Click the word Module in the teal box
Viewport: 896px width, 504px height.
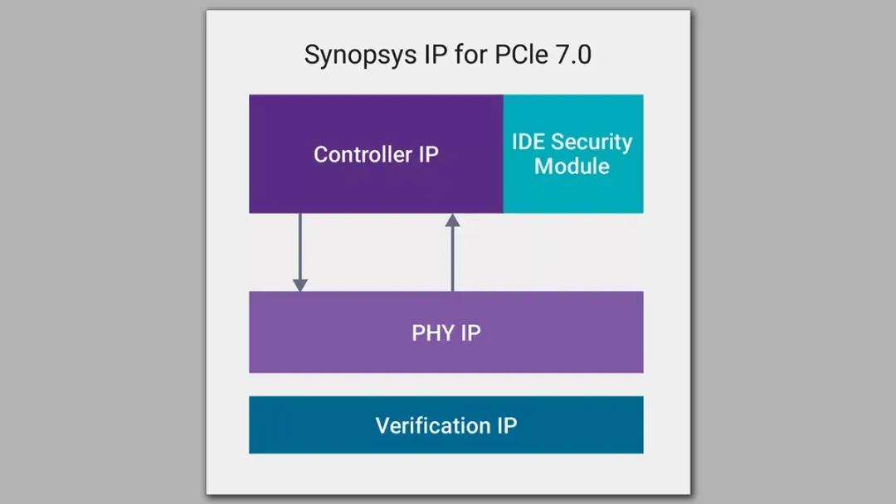572,166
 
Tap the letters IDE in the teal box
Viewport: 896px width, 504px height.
528,142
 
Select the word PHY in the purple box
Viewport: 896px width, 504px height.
433,332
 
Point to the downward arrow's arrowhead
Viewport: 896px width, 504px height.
300,285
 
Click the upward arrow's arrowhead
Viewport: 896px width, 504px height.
453,220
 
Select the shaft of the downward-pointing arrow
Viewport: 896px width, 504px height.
300,246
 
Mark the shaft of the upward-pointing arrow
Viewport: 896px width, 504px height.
453,259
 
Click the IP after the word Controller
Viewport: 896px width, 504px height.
427,154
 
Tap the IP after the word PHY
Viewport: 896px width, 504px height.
470,332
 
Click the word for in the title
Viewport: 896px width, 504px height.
471,54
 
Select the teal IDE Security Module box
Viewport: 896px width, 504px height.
573,154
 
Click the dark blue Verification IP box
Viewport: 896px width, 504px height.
446,425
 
